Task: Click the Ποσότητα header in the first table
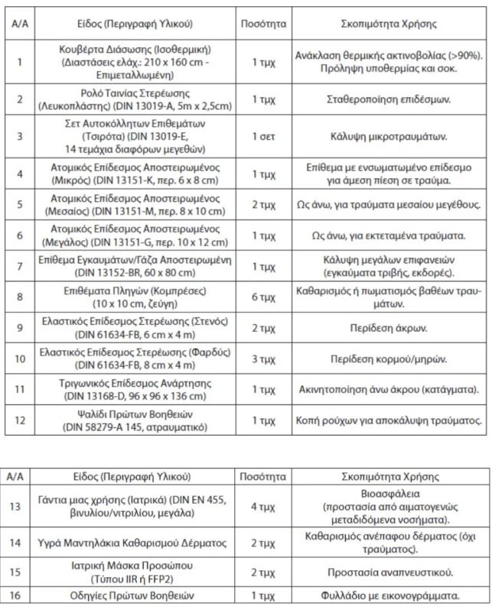[x=262, y=24]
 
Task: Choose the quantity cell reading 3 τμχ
[x=262, y=359]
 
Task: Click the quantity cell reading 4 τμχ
[x=262, y=505]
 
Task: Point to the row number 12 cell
[x=20, y=420]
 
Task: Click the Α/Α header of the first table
[x=20, y=24]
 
